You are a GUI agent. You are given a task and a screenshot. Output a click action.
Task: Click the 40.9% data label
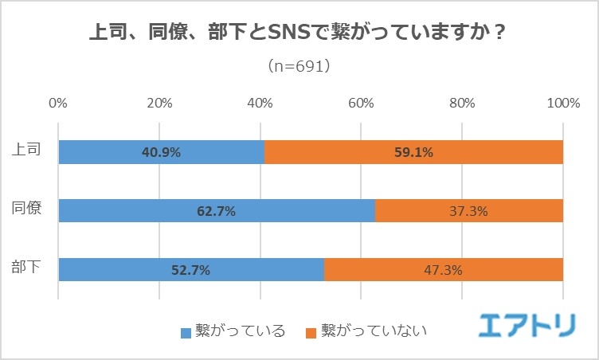(x=161, y=152)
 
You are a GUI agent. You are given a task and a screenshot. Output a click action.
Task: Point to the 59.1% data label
(x=413, y=152)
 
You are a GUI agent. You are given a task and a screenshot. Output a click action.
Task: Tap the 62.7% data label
(x=216, y=211)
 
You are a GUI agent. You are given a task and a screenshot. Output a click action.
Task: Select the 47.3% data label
(x=444, y=270)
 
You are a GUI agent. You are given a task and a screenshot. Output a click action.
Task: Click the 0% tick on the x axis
(x=58, y=104)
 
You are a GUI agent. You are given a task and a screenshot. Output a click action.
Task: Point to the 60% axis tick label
(x=361, y=104)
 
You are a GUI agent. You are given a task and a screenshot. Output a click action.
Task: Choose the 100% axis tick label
(x=563, y=104)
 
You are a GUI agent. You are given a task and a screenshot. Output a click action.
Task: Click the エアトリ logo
(x=528, y=324)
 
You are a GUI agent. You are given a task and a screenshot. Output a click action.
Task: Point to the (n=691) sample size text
(x=299, y=66)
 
